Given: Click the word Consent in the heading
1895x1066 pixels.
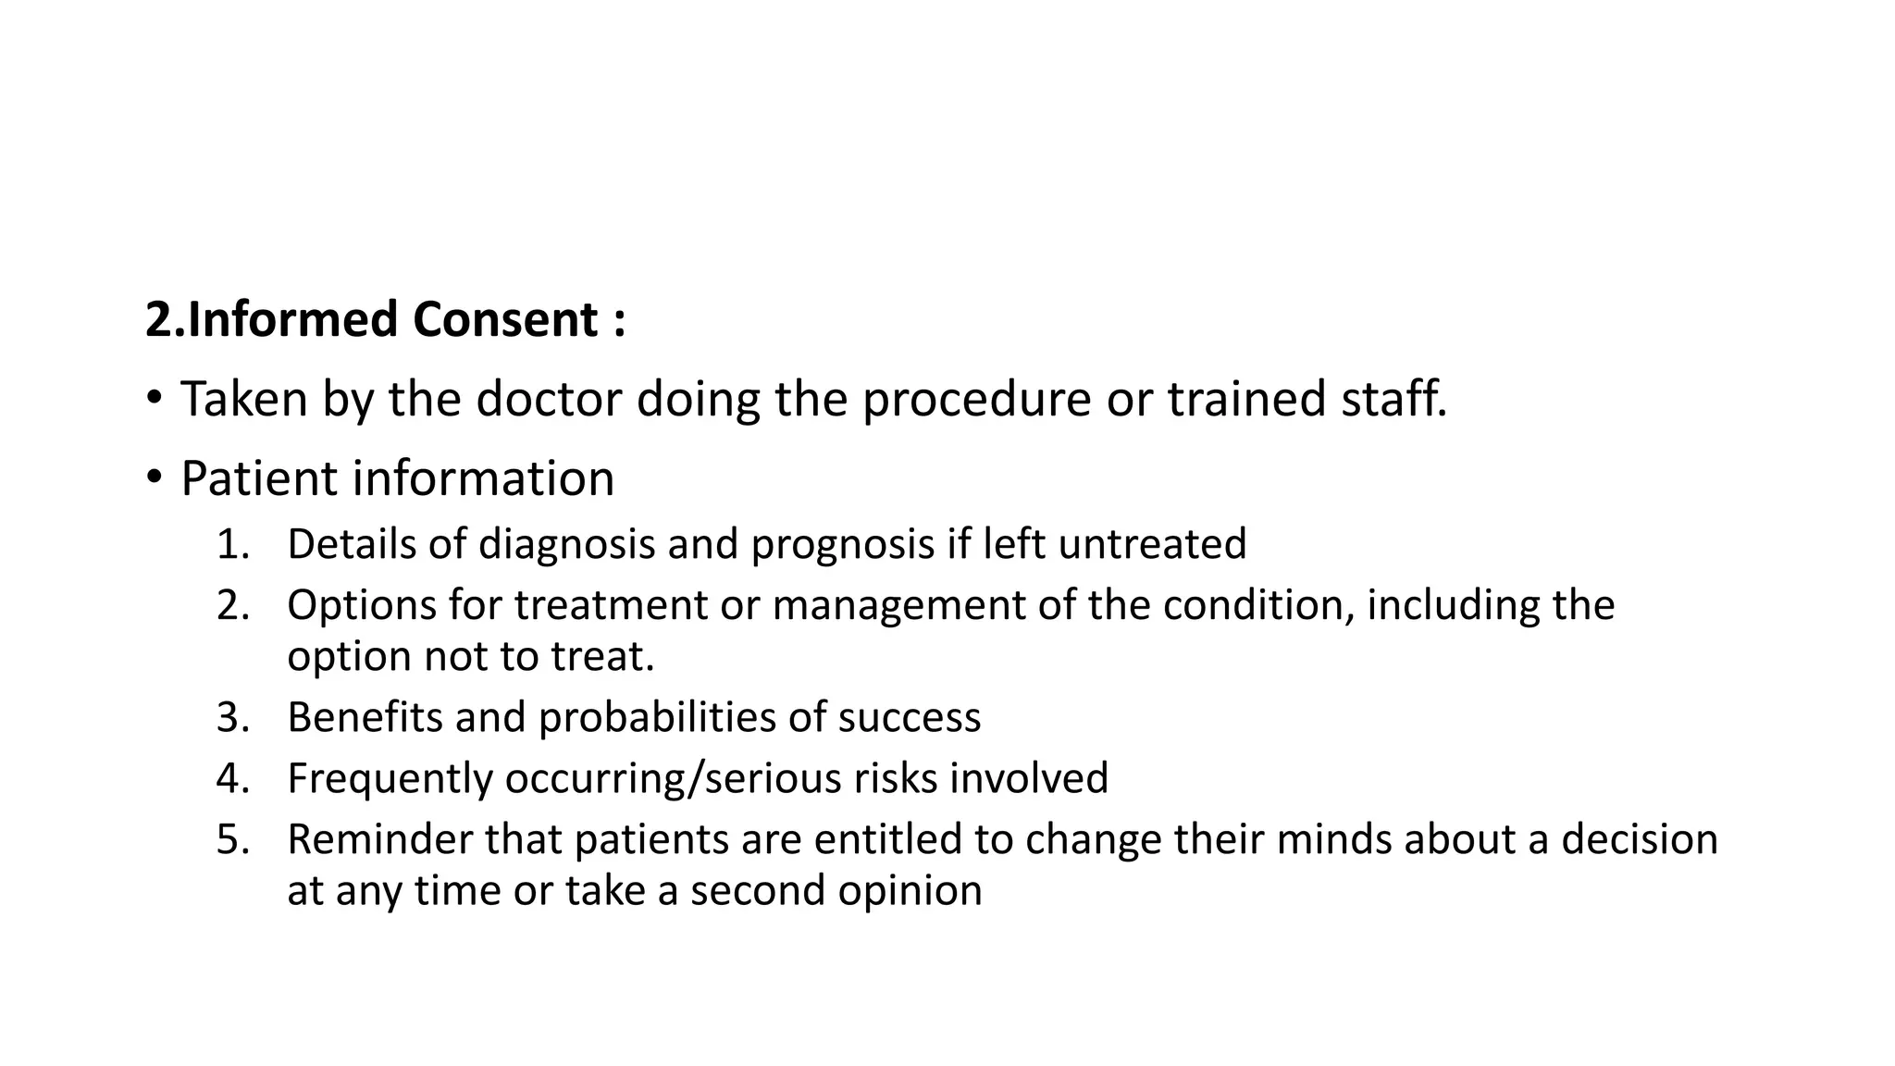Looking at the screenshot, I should click(505, 320).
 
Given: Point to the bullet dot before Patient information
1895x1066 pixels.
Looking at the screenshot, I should click(154, 478).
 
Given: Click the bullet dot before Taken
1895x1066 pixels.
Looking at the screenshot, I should click(154, 399).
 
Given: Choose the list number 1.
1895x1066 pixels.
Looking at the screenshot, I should click(232, 544).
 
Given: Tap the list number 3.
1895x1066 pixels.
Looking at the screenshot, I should click(232, 717).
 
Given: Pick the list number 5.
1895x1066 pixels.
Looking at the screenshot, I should click(232, 839).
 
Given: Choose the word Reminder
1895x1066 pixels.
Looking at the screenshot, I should click(379, 839).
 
